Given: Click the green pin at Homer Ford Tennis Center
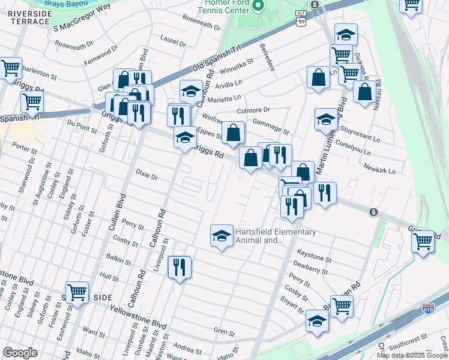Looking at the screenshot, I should (258, 6).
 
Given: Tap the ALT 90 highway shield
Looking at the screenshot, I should (301, 18).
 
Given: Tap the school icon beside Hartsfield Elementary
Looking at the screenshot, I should (221, 235).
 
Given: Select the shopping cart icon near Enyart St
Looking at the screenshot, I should (342, 305).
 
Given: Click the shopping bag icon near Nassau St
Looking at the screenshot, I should (364, 92).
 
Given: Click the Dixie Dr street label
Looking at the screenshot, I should (146, 177).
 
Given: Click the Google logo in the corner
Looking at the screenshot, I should (20, 353).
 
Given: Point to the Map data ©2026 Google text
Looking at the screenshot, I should (412, 355).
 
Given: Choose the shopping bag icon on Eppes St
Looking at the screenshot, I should (233, 133).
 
